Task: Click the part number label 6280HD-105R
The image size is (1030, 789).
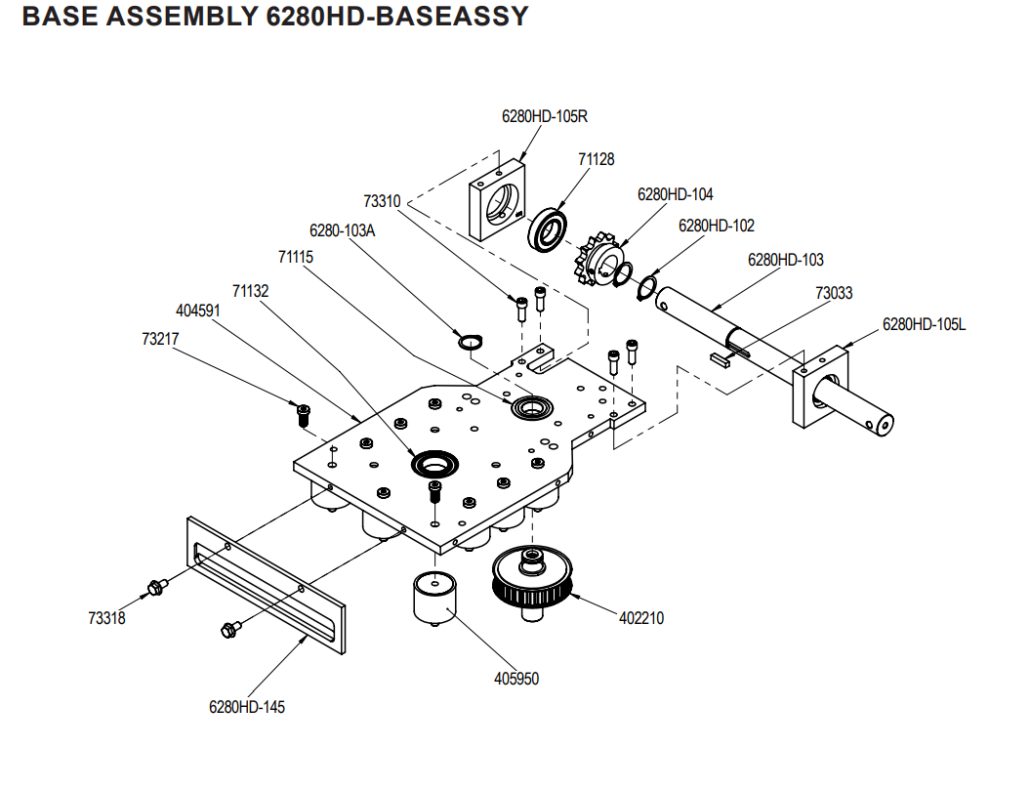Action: (x=545, y=116)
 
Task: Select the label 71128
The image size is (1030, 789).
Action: (x=597, y=159)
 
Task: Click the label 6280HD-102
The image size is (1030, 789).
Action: (x=717, y=226)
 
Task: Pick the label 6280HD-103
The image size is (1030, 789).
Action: (x=785, y=260)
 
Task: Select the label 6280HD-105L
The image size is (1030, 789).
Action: (x=924, y=324)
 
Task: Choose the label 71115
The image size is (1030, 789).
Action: (x=296, y=257)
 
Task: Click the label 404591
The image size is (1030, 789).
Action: (x=198, y=311)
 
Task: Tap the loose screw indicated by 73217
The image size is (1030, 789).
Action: (x=302, y=414)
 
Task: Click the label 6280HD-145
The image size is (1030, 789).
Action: (x=247, y=706)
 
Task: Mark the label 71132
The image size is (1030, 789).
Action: (x=250, y=291)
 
